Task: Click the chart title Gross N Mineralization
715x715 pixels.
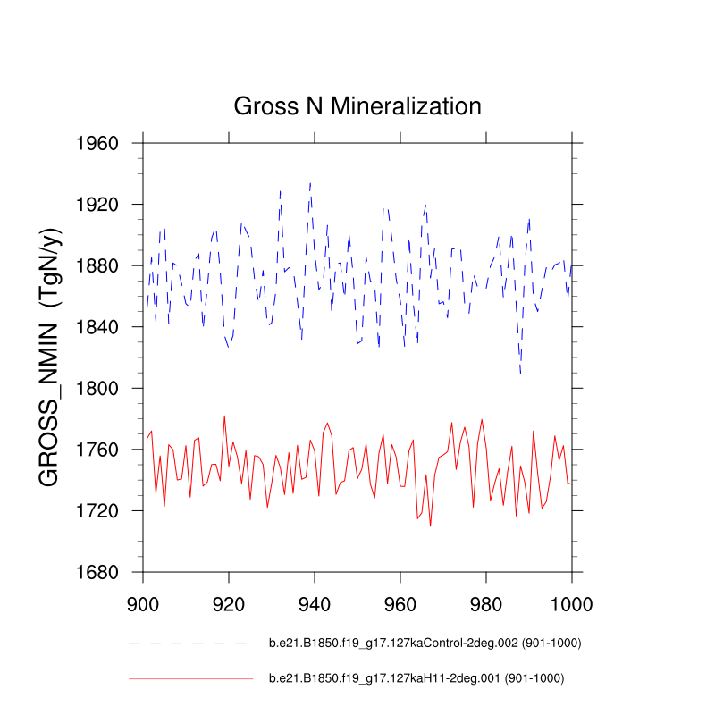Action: tap(357, 106)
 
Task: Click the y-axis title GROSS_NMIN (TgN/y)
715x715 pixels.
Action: tap(51, 357)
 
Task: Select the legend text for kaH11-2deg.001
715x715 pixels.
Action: tap(416, 679)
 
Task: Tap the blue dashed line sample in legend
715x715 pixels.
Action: tap(187, 643)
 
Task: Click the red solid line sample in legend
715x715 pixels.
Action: tap(190, 679)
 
